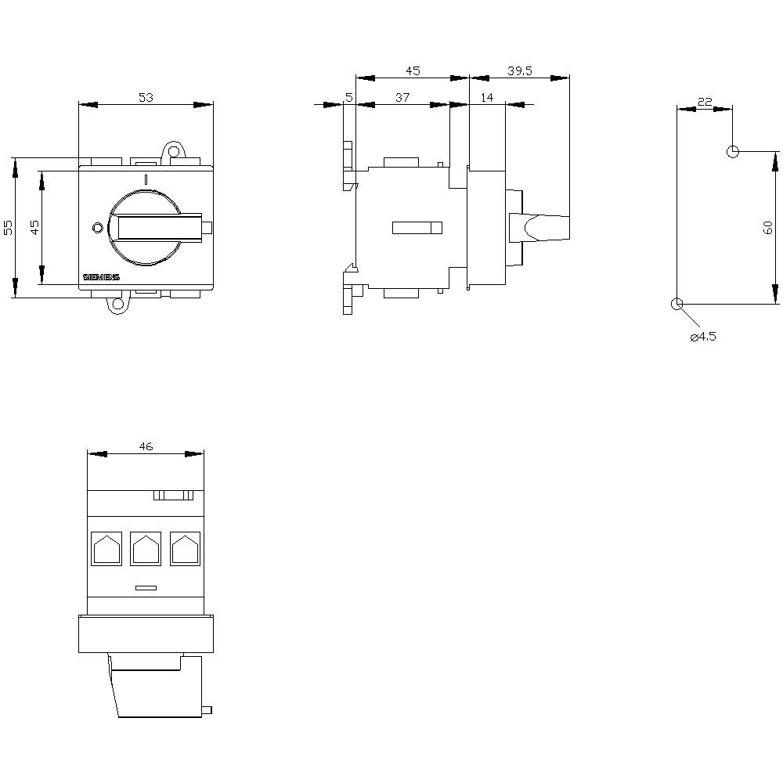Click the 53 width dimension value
[146, 98]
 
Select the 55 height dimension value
[9, 227]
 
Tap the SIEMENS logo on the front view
[101, 278]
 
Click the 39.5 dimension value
[519, 70]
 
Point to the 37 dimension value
[402, 97]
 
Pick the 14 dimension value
[487, 97]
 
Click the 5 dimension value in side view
[348, 97]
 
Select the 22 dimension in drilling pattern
[704, 102]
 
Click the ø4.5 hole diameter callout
[703, 337]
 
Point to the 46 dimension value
[146, 446]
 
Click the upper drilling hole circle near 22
[732, 151]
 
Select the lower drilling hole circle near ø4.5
[677, 304]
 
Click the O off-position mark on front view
[97, 228]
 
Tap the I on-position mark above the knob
[146, 180]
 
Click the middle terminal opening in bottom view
[146, 548]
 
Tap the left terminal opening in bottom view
[106, 548]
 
